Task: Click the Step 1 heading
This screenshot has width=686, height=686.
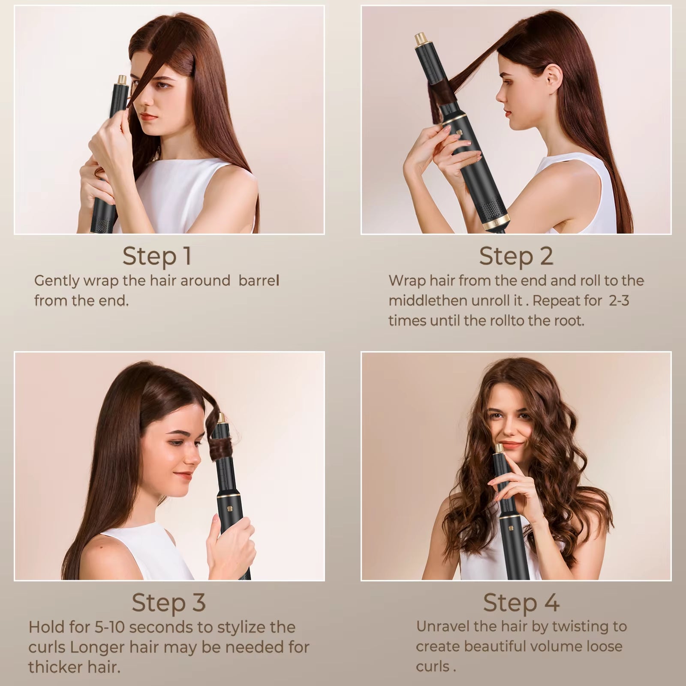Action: (156, 256)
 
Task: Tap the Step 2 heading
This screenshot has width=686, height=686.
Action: (516, 256)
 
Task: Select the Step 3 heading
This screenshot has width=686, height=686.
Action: (168, 602)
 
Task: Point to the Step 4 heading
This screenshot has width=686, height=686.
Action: (521, 602)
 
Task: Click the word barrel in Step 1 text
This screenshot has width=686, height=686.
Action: (259, 281)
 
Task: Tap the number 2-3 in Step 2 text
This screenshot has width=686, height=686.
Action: (619, 301)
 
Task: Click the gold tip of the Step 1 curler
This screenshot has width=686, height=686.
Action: (123, 80)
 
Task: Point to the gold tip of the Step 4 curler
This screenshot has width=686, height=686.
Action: (499, 449)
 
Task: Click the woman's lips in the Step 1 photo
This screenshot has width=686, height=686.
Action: (150, 116)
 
